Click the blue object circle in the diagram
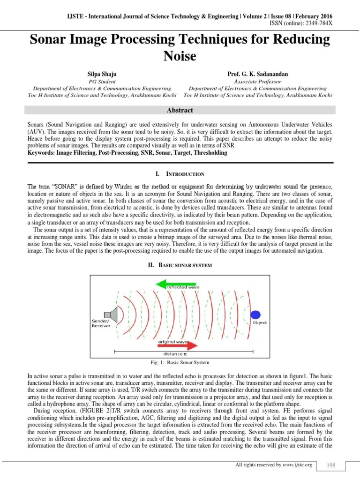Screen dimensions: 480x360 pos(255,315)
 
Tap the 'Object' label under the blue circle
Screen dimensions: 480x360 pos(259,322)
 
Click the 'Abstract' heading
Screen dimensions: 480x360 pos(180,110)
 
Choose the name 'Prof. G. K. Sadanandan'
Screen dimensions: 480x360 pos(257,74)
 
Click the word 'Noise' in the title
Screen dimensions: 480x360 pos(180,56)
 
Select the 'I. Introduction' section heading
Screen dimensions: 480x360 pos(180,174)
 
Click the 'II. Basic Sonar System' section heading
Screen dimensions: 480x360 pos(180,265)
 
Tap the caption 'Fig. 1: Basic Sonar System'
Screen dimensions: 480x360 pos(180,363)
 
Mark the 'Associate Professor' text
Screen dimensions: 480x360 pos(257,81)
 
